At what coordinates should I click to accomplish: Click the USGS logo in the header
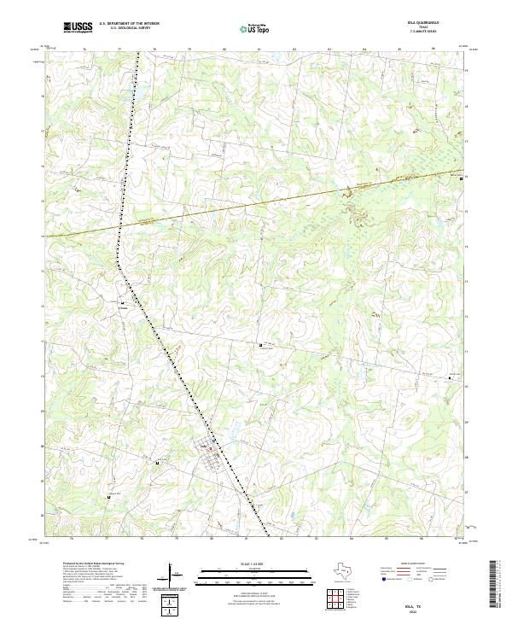pos(78,27)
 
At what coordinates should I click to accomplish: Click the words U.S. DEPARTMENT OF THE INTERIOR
pos(129,23)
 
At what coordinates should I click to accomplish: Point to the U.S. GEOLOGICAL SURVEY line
pos(129,28)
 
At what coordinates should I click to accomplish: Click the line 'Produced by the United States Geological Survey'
pos(93,564)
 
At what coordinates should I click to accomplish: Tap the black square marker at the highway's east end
pos(462,178)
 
